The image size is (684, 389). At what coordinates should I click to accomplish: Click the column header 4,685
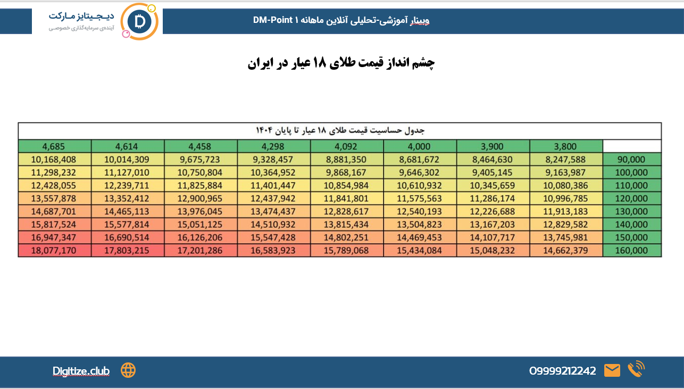(54, 146)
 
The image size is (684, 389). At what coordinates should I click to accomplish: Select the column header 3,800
(566, 146)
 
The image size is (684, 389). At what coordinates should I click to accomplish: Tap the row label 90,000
(632, 159)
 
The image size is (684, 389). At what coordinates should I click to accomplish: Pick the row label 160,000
(632, 251)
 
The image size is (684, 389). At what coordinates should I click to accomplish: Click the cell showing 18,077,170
(54, 251)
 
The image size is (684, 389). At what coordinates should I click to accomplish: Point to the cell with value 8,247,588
(566, 159)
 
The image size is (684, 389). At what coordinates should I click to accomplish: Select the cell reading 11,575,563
(420, 198)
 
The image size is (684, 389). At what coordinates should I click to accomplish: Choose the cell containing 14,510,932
(274, 225)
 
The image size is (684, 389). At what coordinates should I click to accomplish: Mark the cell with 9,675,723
(201, 159)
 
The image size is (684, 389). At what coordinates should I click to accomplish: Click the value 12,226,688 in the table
(493, 211)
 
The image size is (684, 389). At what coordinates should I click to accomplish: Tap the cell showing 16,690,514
(127, 237)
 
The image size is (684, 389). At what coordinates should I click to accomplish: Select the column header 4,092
(347, 146)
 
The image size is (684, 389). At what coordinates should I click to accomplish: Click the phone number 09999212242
(562, 371)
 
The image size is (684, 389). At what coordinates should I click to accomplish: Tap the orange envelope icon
(612, 370)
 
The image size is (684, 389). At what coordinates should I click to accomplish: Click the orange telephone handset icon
(636, 369)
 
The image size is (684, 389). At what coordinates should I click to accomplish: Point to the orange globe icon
(128, 370)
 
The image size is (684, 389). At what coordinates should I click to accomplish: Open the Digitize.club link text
(81, 371)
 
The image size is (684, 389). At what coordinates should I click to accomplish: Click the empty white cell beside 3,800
(632, 146)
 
